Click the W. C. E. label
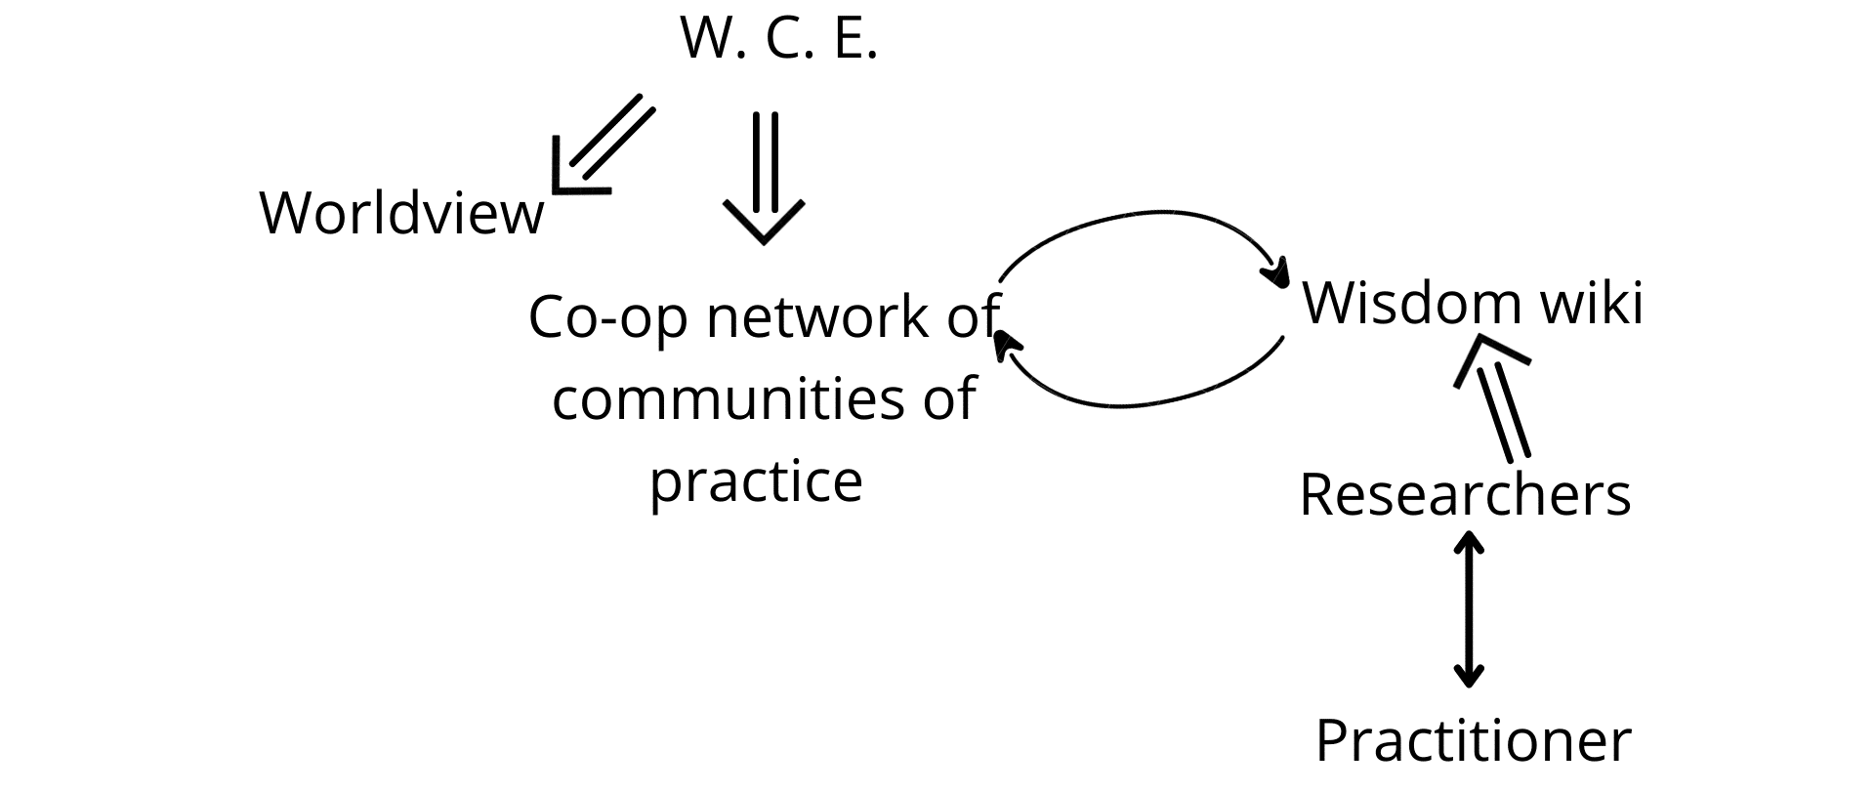pyautogui.click(x=778, y=40)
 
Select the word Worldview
pyautogui.click(x=401, y=212)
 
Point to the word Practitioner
pyautogui.click(x=1473, y=740)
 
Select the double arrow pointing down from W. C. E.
pyautogui.click(x=764, y=178)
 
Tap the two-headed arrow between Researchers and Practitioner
pyautogui.click(x=1468, y=609)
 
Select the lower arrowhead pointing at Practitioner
pyautogui.click(x=1468, y=675)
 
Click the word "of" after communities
pyautogui.click(x=949, y=398)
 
